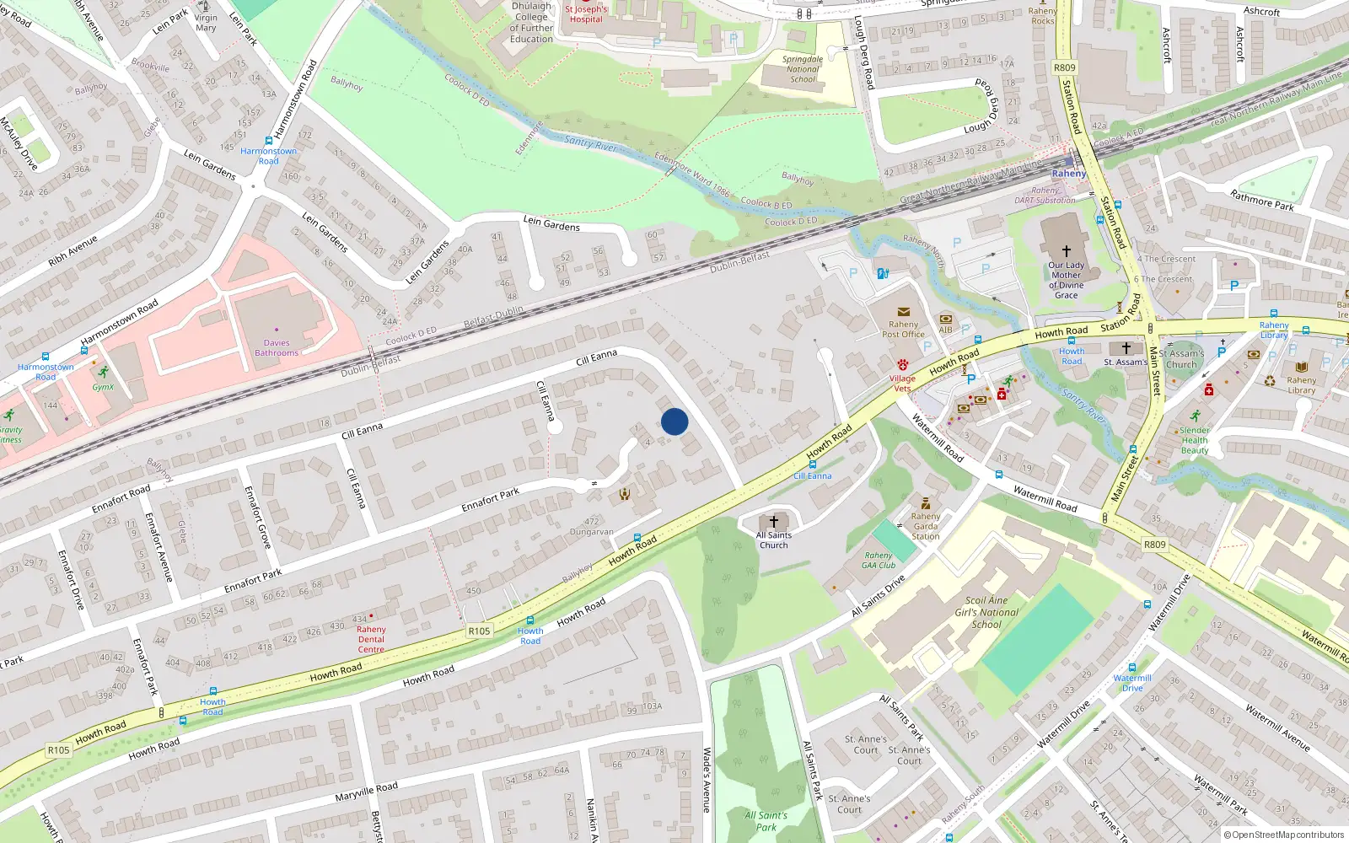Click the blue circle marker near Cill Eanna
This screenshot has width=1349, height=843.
point(674,421)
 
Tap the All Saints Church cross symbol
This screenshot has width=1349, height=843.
point(773,522)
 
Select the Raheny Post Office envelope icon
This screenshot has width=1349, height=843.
point(904,312)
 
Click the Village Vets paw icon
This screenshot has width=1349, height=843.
point(902,365)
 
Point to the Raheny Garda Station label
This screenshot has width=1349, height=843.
point(925,526)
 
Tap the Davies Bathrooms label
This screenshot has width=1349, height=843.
point(277,347)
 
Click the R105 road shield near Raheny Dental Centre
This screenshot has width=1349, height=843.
point(479,631)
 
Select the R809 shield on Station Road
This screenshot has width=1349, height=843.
point(1065,67)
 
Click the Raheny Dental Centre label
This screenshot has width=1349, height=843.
point(371,639)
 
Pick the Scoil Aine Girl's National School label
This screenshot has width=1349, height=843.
point(986,613)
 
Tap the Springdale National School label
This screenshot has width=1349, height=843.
point(802,69)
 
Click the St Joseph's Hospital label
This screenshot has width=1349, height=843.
point(586,14)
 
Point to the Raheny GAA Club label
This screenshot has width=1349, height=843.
point(879,561)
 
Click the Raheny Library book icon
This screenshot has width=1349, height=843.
point(1302,368)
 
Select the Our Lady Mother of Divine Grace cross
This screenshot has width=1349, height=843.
point(1066,251)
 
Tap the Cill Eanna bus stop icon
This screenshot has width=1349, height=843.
point(812,464)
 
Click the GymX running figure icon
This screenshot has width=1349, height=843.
point(103,372)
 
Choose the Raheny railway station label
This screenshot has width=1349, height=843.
point(1069,174)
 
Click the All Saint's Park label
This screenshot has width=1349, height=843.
point(766,821)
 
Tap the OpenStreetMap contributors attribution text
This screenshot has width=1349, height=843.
point(1283,835)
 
